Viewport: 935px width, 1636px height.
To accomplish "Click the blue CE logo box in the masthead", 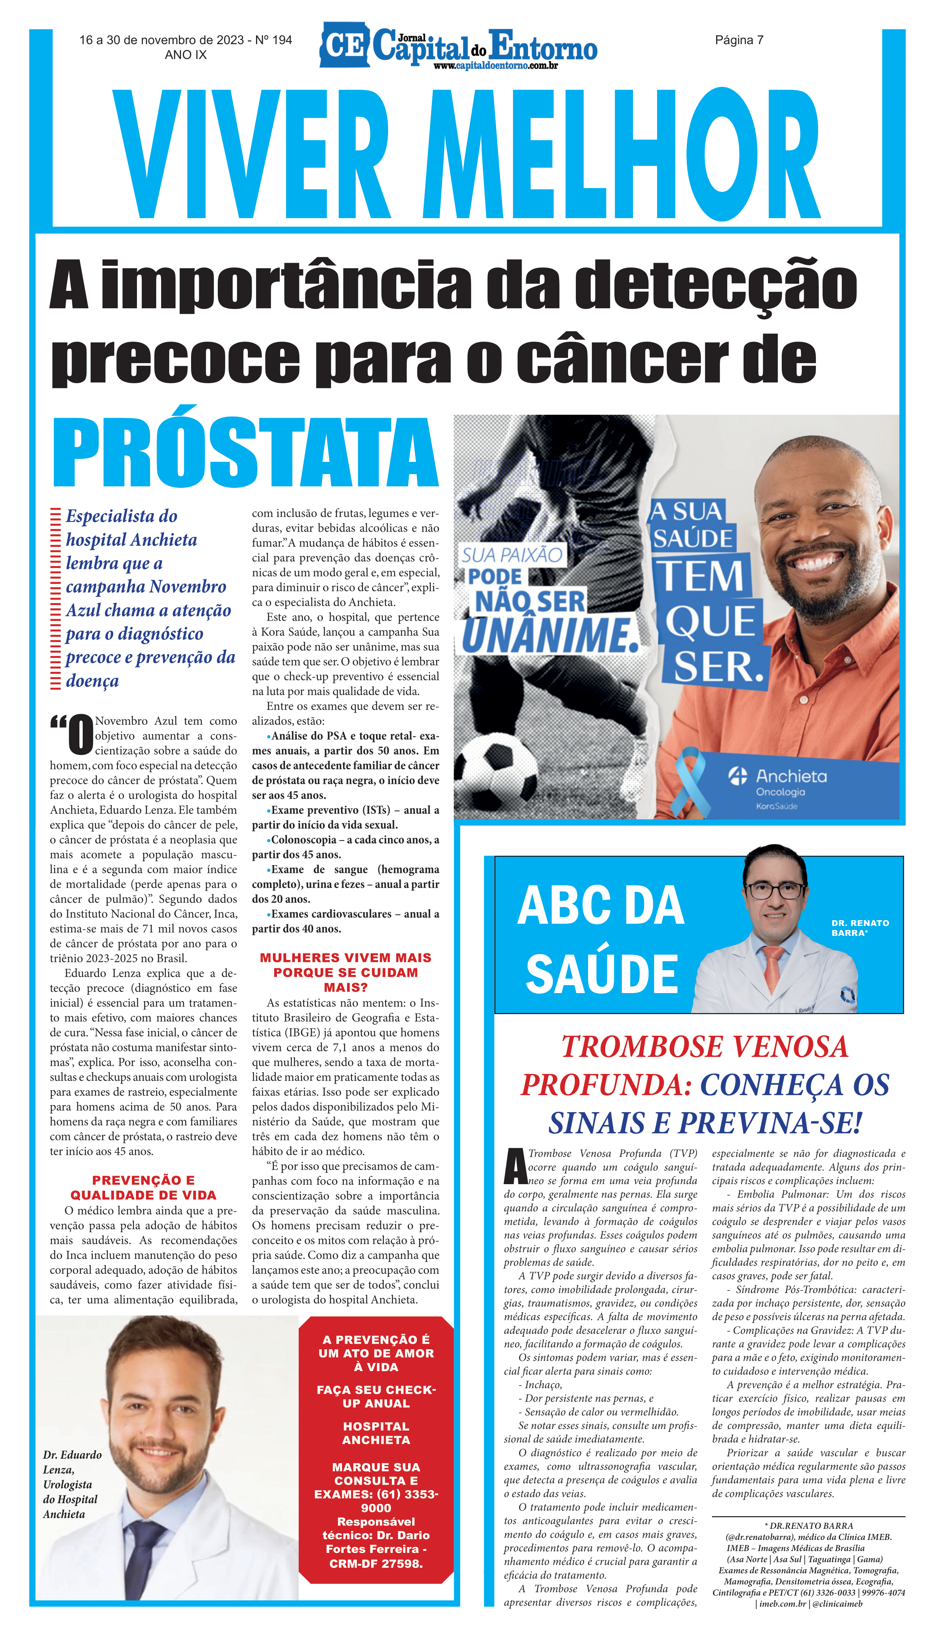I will click(345, 45).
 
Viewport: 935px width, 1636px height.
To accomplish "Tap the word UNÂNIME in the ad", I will click(550, 635).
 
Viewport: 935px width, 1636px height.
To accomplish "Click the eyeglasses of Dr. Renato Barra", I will click(774, 890).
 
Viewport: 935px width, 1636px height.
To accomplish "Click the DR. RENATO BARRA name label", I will click(860, 928).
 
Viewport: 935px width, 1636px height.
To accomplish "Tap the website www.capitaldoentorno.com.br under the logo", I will click(495, 66).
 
